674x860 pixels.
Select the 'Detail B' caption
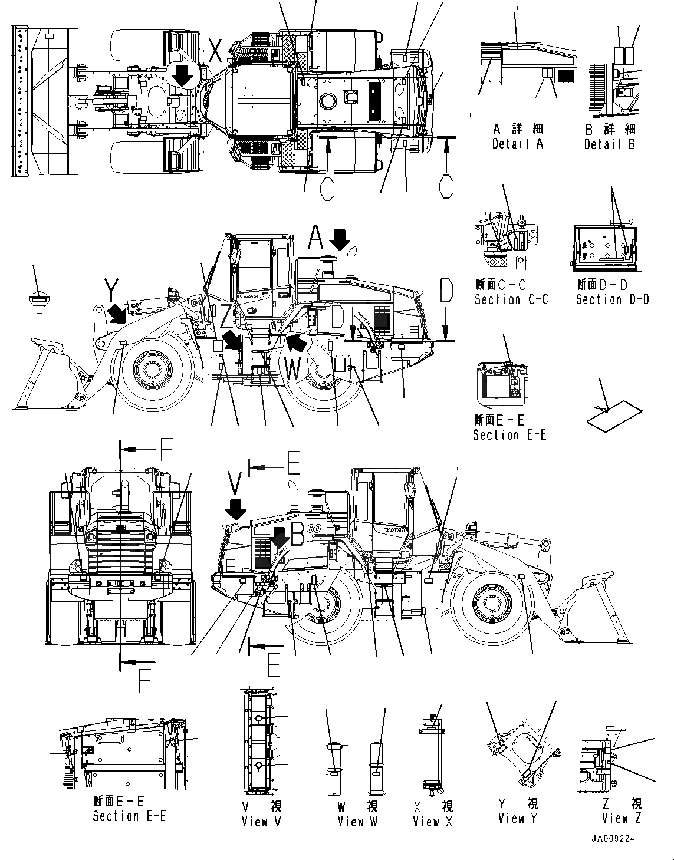[x=609, y=144]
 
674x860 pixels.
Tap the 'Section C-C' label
[x=511, y=299]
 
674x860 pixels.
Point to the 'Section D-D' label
[x=612, y=299]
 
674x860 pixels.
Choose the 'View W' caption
[x=357, y=821]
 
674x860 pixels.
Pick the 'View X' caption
[x=433, y=821]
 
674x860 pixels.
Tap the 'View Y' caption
[x=518, y=818]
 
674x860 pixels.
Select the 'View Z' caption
[x=621, y=818]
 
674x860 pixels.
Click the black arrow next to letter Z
[x=231, y=340]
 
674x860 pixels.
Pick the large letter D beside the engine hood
[x=446, y=293]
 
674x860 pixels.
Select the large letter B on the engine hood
[x=298, y=533]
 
